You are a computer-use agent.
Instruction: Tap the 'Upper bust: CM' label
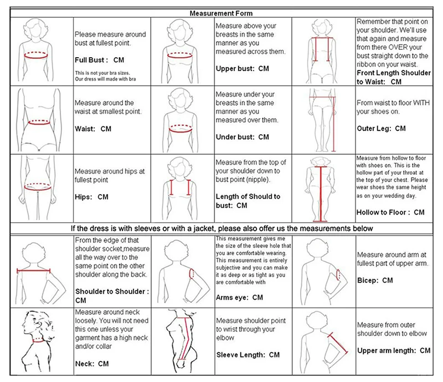(x=242, y=69)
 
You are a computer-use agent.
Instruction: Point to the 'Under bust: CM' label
(x=242, y=137)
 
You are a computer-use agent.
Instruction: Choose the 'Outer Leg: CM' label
(x=381, y=129)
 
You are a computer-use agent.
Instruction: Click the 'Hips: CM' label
(x=91, y=197)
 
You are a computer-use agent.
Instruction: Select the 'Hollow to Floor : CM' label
(x=390, y=212)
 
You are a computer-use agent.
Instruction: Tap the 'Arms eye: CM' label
(x=239, y=298)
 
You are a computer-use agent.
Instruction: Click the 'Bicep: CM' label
(x=375, y=281)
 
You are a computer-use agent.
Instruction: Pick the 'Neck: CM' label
(x=92, y=364)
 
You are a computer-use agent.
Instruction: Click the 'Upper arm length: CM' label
(x=394, y=350)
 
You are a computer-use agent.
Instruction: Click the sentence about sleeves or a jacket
(x=221, y=228)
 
